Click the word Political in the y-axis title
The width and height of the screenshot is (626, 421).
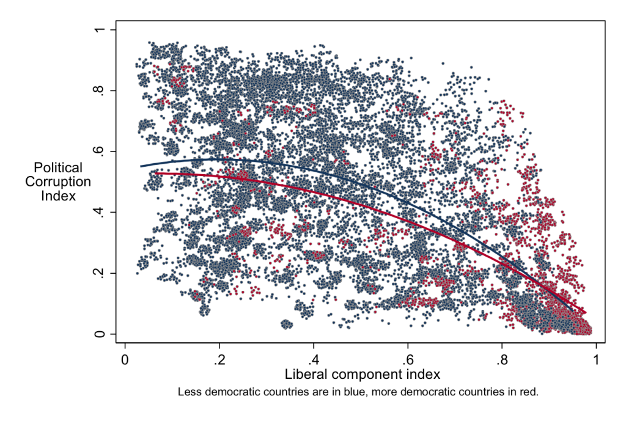coord(57,167)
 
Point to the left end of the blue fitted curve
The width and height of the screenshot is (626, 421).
coord(141,166)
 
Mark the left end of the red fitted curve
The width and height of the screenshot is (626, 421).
coord(156,173)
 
